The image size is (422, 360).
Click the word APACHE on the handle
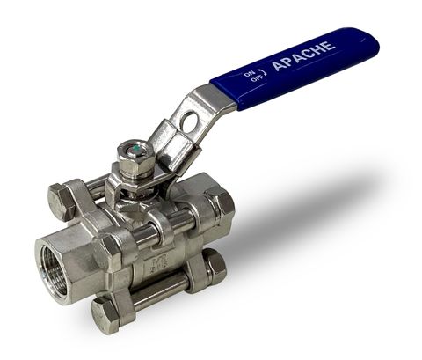(x=302, y=55)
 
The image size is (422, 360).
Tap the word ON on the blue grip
(x=249, y=73)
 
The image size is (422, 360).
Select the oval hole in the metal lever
(x=187, y=123)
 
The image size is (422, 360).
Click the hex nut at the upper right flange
(x=220, y=202)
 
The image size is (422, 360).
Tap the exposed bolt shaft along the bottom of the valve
(x=158, y=294)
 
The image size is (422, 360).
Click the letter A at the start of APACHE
(x=278, y=66)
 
